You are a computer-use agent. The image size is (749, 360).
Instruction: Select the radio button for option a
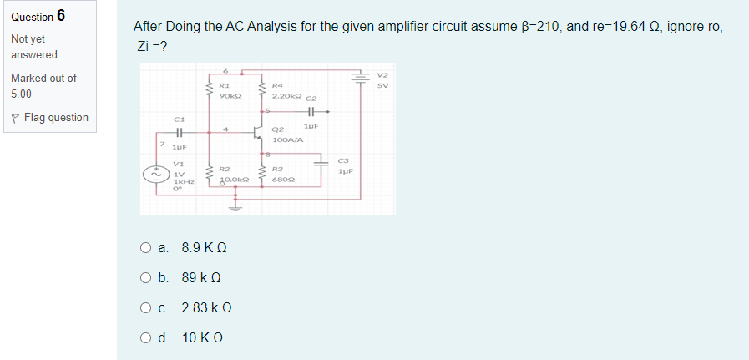pos(146,248)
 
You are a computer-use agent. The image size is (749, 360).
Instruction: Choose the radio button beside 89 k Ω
pos(146,278)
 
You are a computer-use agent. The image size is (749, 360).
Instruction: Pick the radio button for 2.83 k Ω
pos(146,308)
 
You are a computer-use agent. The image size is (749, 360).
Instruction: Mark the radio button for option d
pos(146,338)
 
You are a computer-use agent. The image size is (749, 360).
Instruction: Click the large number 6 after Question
pos(62,17)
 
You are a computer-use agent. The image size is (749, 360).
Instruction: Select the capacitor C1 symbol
pos(178,132)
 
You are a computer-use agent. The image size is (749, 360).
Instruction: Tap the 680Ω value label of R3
pos(284,180)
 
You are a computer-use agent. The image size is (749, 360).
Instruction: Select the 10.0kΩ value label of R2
pos(232,180)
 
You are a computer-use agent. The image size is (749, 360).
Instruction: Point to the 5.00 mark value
pos(23,94)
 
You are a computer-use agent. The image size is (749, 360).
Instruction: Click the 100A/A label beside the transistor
pos(286,139)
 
